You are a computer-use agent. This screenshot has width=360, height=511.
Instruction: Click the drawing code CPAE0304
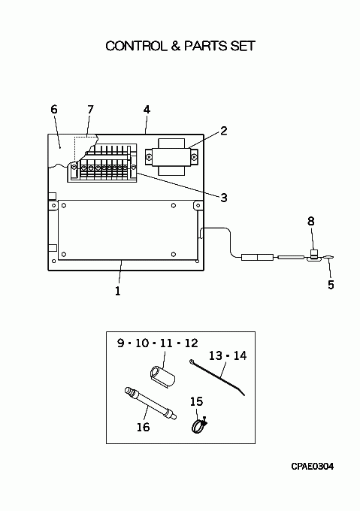click(312, 467)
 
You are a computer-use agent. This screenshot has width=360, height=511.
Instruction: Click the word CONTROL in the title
click(135, 46)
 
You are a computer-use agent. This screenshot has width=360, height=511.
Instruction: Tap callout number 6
click(54, 109)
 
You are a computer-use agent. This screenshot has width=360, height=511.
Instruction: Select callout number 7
click(90, 109)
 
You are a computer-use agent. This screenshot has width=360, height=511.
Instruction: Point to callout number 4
click(147, 110)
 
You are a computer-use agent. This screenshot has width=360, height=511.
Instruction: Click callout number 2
click(223, 131)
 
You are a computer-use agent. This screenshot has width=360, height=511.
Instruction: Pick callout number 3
click(223, 198)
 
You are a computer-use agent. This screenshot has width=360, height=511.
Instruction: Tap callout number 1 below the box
click(117, 291)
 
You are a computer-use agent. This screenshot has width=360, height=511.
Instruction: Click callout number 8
click(311, 221)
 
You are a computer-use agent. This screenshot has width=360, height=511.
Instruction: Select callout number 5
click(331, 285)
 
